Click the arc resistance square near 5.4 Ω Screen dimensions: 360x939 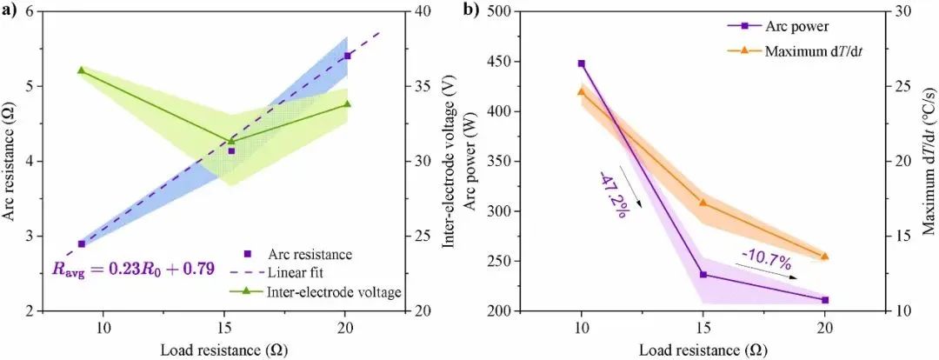(348, 56)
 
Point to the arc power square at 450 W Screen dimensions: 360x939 (582, 63)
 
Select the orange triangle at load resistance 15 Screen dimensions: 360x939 (703, 203)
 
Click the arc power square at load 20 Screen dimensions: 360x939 (824, 300)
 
